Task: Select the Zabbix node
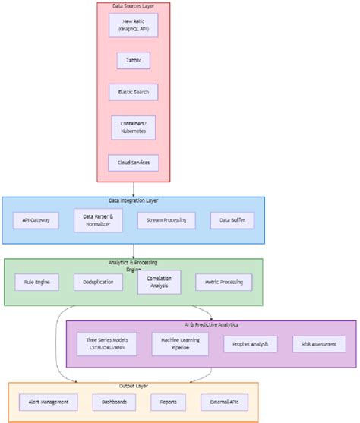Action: pos(134,60)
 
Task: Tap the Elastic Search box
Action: pos(134,93)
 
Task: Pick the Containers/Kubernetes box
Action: pos(134,128)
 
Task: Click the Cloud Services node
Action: pos(134,162)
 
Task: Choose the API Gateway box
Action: pos(36,220)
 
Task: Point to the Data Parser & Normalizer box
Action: pos(98,220)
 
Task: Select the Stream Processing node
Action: pos(166,220)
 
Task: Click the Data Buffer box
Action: pos(232,220)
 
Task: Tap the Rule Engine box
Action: pos(36,283)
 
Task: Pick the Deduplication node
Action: pos(98,283)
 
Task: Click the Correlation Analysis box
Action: pos(159,283)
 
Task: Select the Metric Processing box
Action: pos(219,283)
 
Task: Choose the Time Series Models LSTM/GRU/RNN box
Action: pos(107,344)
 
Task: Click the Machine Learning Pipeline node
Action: pos(180,344)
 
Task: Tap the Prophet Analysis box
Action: pos(250,344)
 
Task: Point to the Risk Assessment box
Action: pos(318,344)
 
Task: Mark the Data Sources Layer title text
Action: pos(134,6)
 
